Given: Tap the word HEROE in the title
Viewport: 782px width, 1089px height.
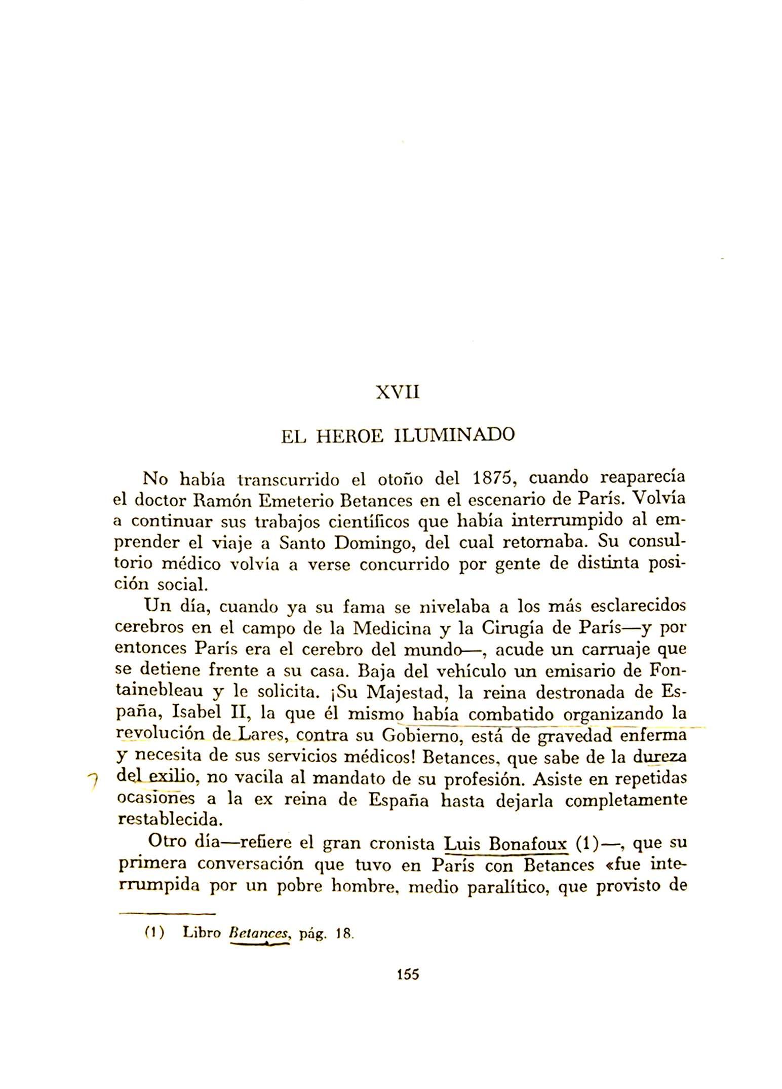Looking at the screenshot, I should (349, 435).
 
